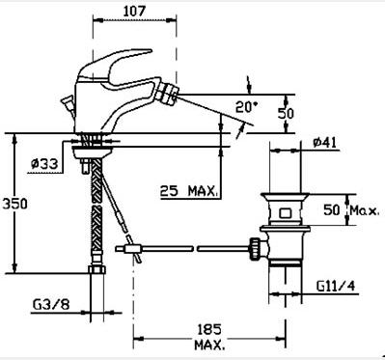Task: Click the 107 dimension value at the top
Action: pos(134,12)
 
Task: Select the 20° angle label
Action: pos(247,107)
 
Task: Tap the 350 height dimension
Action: pos(14,204)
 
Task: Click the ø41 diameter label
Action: pos(325,142)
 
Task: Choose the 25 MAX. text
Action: pos(189,191)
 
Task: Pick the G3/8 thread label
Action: pos(51,304)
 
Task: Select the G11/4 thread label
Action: pos(337,286)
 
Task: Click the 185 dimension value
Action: pos(209,330)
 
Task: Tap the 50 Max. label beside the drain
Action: pos(351,210)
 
